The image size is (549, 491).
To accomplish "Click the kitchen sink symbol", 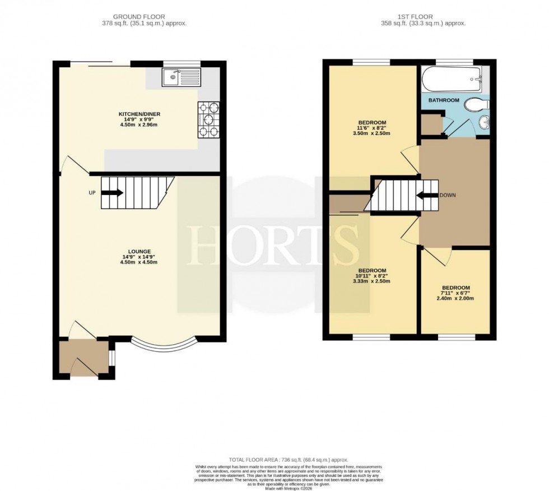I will (181, 77).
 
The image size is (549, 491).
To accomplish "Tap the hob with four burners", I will (208, 119).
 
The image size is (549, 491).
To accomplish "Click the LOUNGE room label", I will (139, 251).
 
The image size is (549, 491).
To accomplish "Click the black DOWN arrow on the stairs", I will (426, 196).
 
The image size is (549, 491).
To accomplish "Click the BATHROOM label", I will (444, 100).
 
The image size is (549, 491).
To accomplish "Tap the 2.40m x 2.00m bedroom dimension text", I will (455, 299).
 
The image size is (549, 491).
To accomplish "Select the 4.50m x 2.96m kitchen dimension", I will (139, 126).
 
